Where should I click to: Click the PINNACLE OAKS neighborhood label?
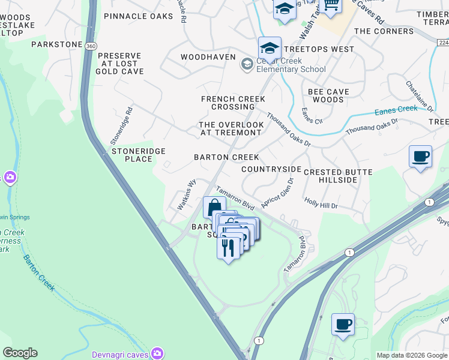138,16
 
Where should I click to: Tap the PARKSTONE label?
56,44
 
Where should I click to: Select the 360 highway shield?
90,46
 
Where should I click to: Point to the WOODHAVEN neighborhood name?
206,57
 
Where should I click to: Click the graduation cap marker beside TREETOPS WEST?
270,49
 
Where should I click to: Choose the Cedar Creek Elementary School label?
291,64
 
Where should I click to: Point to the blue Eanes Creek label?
396,110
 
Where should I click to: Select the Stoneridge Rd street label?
121,125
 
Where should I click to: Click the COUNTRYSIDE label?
271,169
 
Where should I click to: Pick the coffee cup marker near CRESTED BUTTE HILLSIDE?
420,157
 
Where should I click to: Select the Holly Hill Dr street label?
321,205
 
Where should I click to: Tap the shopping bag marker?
214,208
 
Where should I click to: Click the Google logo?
20,353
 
